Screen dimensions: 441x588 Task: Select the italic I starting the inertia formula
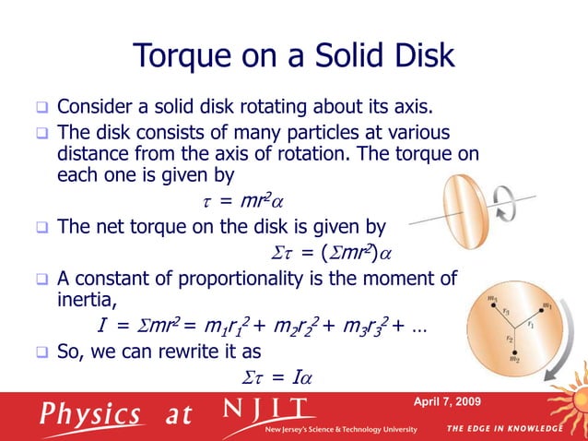pyautogui.click(x=101, y=327)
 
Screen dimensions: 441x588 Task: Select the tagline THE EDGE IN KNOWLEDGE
pyautogui.click(x=504, y=429)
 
